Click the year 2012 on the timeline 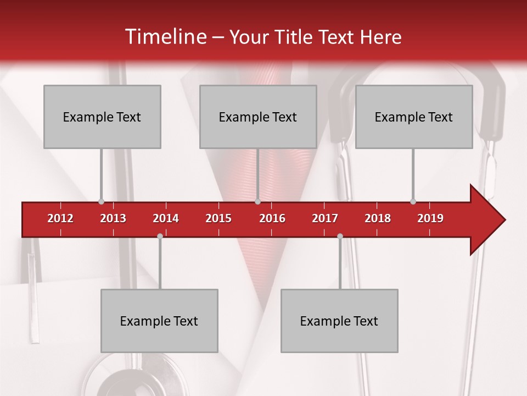(60, 218)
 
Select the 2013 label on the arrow (113, 218)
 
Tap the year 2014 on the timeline (166, 218)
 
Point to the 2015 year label (218, 218)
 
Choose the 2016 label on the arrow (272, 218)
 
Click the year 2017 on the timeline (325, 218)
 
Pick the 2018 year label (378, 218)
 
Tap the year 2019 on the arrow (430, 218)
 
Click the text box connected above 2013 (102, 117)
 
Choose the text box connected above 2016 (258, 117)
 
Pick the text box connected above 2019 (414, 117)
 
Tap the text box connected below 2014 (159, 321)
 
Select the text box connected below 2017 (339, 321)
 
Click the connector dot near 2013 (101, 201)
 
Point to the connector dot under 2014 (160, 236)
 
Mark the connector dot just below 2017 (340, 236)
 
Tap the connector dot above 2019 (413, 201)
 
